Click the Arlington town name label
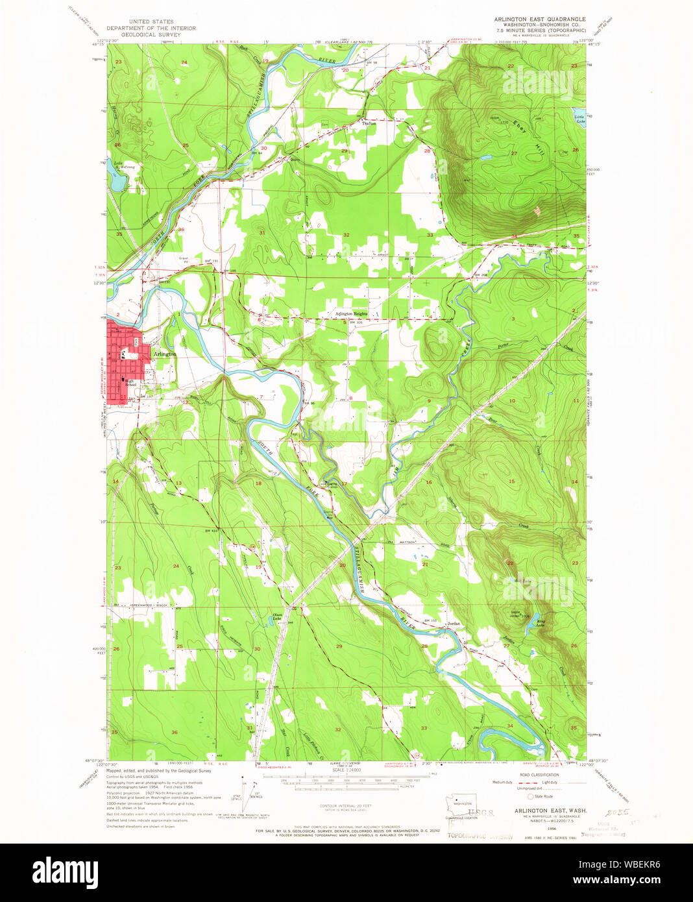click(165, 354)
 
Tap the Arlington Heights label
click(351, 314)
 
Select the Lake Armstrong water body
click(115, 183)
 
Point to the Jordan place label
click(454, 624)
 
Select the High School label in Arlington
click(130, 383)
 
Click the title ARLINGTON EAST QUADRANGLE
click(540, 19)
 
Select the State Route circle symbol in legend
click(530, 796)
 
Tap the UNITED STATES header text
click(151, 21)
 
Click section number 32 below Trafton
click(346, 235)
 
